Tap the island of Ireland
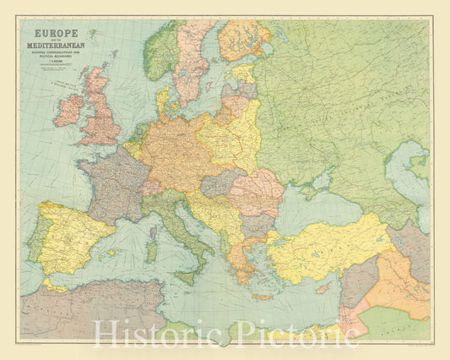tap(68, 110)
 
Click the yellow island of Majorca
tap(112, 252)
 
